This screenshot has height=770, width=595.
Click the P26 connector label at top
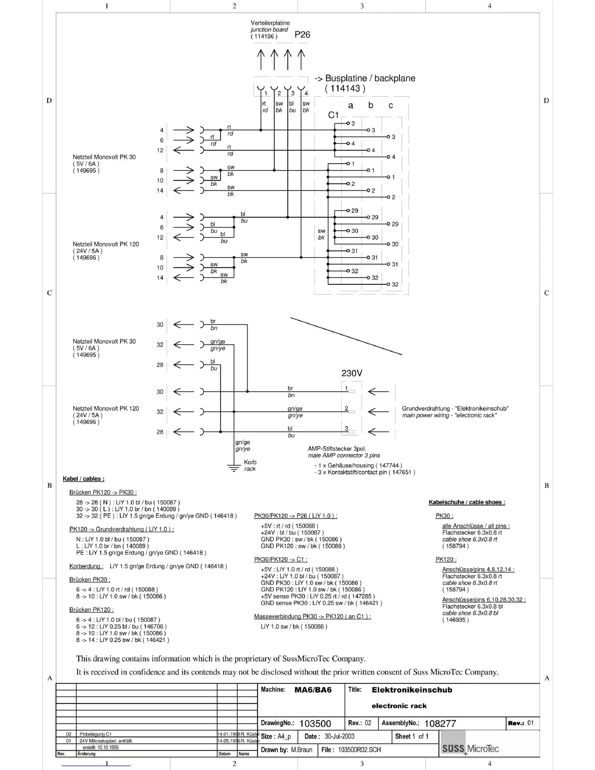pyautogui.click(x=302, y=35)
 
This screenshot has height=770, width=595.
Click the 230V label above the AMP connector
pyautogui.click(x=351, y=373)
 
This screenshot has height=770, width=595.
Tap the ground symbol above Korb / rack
pyautogui.click(x=234, y=468)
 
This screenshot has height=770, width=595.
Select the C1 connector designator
pyautogui.click(x=333, y=115)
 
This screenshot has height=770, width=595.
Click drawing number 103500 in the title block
pyautogui.click(x=315, y=723)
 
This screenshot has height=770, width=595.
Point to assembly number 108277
pyautogui.click(x=440, y=723)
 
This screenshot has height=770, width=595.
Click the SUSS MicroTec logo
pyautogui.click(x=470, y=749)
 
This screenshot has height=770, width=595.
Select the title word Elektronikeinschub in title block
pyautogui.click(x=412, y=690)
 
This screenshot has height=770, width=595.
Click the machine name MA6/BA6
pyautogui.click(x=313, y=690)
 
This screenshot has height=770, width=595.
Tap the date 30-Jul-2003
pyautogui.click(x=339, y=736)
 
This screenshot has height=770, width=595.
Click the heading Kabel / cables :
pyautogui.click(x=84, y=479)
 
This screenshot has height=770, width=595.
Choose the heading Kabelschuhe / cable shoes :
pyautogui.click(x=467, y=502)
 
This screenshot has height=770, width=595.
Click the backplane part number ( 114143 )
pyautogui.click(x=345, y=88)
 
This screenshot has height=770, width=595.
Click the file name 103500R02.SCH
pyautogui.click(x=359, y=750)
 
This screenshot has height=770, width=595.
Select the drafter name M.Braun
pyautogui.click(x=301, y=750)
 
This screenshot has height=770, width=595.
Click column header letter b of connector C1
pyautogui.click(x=371, y=105)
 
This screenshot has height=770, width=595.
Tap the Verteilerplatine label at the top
pyautogui.click(x=270, y=23)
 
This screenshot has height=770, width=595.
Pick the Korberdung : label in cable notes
pyautogui.click(x=87, y=566)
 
